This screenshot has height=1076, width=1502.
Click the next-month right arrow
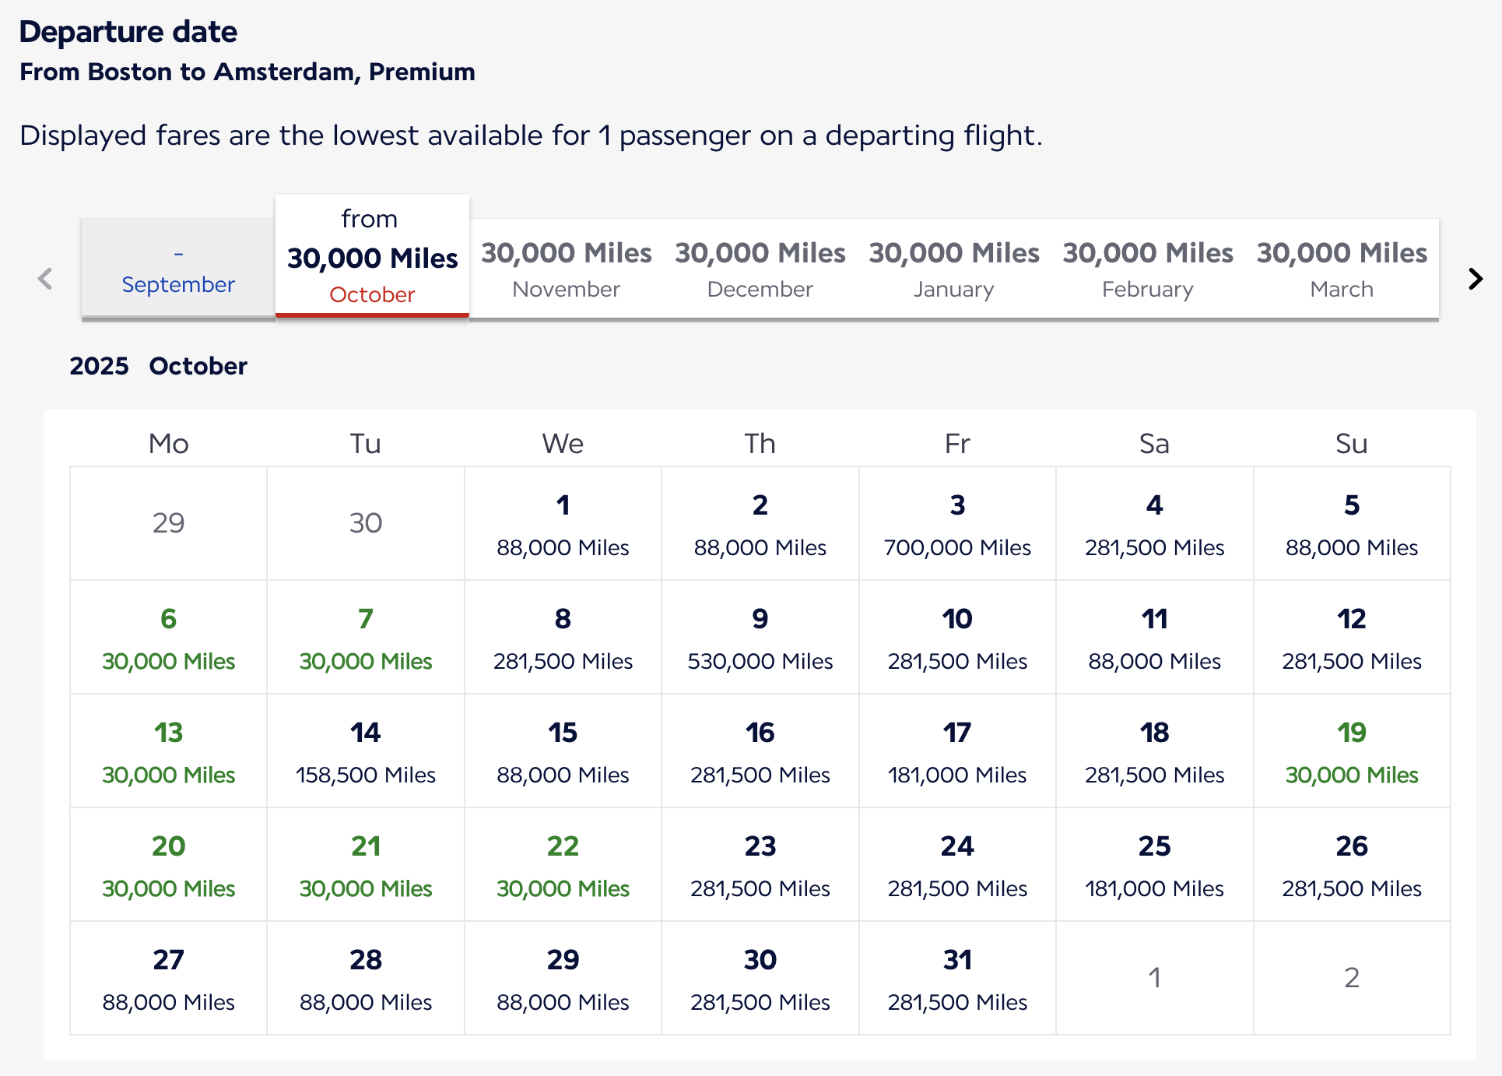point(1475,279)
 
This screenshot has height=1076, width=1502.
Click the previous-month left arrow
point(45,279)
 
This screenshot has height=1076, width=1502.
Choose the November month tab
point(566,269)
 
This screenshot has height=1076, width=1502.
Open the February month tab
point(1147,269)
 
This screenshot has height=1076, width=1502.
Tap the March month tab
point(1341,269)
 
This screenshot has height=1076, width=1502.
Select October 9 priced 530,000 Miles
point(760,638)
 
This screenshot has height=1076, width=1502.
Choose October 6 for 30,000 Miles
point(168,638)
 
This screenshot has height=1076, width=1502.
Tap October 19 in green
point(1351,751)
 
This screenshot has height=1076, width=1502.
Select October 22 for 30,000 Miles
point(563,865)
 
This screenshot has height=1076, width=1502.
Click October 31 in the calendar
point(956,979)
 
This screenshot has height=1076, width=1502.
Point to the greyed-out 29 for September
point(168,522)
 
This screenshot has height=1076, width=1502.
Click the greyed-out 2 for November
point(1351,977)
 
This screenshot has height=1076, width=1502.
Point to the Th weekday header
point(760,444)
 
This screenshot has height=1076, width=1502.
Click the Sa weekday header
point(1154,444)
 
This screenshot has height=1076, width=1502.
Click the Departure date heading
point(128,32)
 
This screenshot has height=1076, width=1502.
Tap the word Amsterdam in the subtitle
point(286,72)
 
